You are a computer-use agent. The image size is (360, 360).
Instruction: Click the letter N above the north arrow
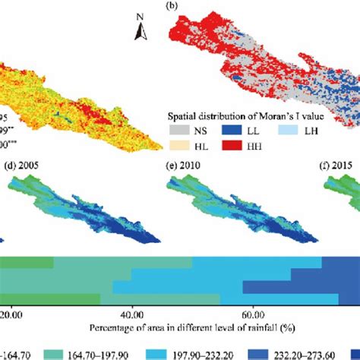tap(141, 14)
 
